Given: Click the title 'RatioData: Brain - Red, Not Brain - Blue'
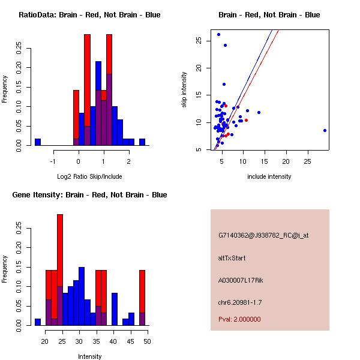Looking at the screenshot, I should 89,14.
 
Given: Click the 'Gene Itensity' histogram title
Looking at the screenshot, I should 89,195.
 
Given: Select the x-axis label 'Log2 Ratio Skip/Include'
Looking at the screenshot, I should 89,176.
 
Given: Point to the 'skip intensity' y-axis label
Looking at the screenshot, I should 185,90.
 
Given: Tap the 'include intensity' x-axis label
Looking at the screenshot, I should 269,176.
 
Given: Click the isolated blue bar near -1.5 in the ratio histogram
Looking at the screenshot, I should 38,142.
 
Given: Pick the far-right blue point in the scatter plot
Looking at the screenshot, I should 325,130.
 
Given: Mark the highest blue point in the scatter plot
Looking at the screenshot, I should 218,34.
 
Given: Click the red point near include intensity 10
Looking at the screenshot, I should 246,120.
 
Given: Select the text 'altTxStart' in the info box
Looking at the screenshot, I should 232,258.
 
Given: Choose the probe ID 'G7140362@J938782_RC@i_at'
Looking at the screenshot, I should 263,236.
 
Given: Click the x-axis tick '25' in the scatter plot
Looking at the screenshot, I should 308,161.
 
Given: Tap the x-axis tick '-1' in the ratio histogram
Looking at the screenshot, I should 53,161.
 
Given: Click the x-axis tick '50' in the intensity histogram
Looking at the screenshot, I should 148,341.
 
